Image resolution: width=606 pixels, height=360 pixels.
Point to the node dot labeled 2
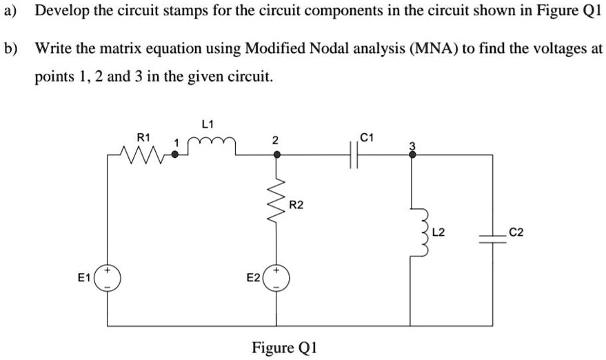pos(277,155)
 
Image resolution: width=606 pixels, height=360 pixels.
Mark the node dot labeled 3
pos(412,155)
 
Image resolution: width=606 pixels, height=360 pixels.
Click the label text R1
pos(143,137)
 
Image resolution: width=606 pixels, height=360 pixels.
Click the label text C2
pos(517,232)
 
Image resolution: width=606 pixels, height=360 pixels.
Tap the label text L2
pos(438,232)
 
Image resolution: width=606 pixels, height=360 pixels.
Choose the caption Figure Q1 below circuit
pos(284,346)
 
